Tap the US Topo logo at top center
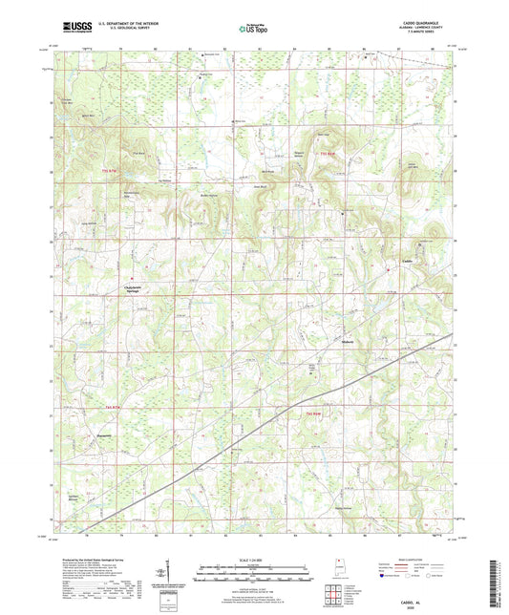252,29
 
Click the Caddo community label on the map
407,262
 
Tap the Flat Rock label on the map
138,153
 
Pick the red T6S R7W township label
107,405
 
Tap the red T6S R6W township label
313,413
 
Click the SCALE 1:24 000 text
254,558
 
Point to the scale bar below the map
254,568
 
